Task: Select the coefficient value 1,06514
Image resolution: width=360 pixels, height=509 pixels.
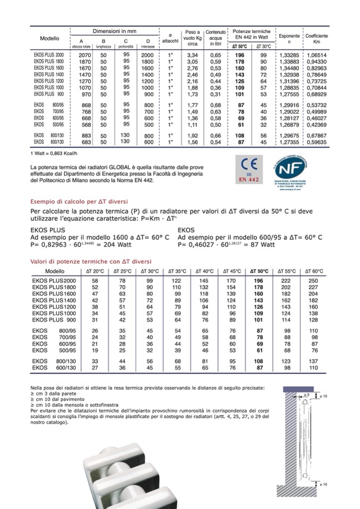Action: pos(316,55)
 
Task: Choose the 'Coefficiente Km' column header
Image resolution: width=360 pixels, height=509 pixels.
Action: pos(316,38)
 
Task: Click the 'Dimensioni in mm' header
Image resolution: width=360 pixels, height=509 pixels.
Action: pos(115,31)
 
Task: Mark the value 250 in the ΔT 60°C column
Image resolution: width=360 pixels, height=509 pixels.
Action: pos(313,280)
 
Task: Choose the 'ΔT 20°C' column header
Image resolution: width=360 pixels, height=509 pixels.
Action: pos(95,271)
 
